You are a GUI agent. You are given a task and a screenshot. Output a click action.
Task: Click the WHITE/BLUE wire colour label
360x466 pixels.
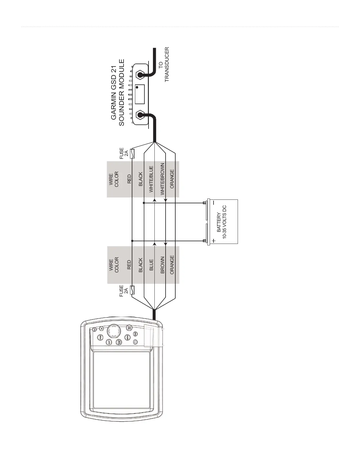151,179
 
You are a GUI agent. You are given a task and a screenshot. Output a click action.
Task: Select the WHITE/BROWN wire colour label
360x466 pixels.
162,179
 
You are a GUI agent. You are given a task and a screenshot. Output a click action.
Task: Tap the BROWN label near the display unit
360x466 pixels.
162,265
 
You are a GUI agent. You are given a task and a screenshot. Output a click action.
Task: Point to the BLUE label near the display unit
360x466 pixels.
151,265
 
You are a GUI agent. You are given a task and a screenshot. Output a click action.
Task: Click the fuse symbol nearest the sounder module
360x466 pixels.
132,154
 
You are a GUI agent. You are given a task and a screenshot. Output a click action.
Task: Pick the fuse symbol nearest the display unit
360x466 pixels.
132,290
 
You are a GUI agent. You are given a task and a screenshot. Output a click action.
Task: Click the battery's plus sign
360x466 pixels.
214,241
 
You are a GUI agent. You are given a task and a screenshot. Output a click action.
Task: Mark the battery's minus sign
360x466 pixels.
214,203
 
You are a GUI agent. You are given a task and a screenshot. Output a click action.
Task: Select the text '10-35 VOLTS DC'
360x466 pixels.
224,222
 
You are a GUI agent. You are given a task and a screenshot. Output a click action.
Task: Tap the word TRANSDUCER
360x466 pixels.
167,64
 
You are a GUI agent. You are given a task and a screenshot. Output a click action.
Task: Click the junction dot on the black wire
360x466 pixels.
144,203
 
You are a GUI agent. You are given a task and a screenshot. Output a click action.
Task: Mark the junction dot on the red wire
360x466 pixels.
132,241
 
